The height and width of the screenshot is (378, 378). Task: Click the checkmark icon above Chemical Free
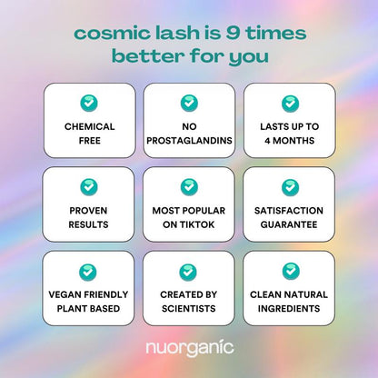(89, 103)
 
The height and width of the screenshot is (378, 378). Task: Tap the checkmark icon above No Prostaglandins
(189, 103)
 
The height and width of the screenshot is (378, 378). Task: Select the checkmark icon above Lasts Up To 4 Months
(290, 103)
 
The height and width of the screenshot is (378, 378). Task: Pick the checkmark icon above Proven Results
(89, 186)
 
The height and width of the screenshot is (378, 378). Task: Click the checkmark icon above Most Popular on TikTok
(189, 186)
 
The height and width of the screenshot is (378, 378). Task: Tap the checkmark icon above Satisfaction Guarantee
(290, 186)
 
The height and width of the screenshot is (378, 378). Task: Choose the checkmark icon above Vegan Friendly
(89, 270)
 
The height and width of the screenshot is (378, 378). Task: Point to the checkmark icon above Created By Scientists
(189, 270)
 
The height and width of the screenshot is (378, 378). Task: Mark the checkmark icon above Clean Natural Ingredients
(290, 270)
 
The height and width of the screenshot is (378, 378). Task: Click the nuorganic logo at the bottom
(189, 346)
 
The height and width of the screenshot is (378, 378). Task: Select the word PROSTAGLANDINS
(189, 141)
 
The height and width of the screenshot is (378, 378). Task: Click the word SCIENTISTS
(189, 308)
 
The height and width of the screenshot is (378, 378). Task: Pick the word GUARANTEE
(290, 224)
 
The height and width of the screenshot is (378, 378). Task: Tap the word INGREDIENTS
(290, 308)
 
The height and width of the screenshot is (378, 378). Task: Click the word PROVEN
(89, 210)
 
